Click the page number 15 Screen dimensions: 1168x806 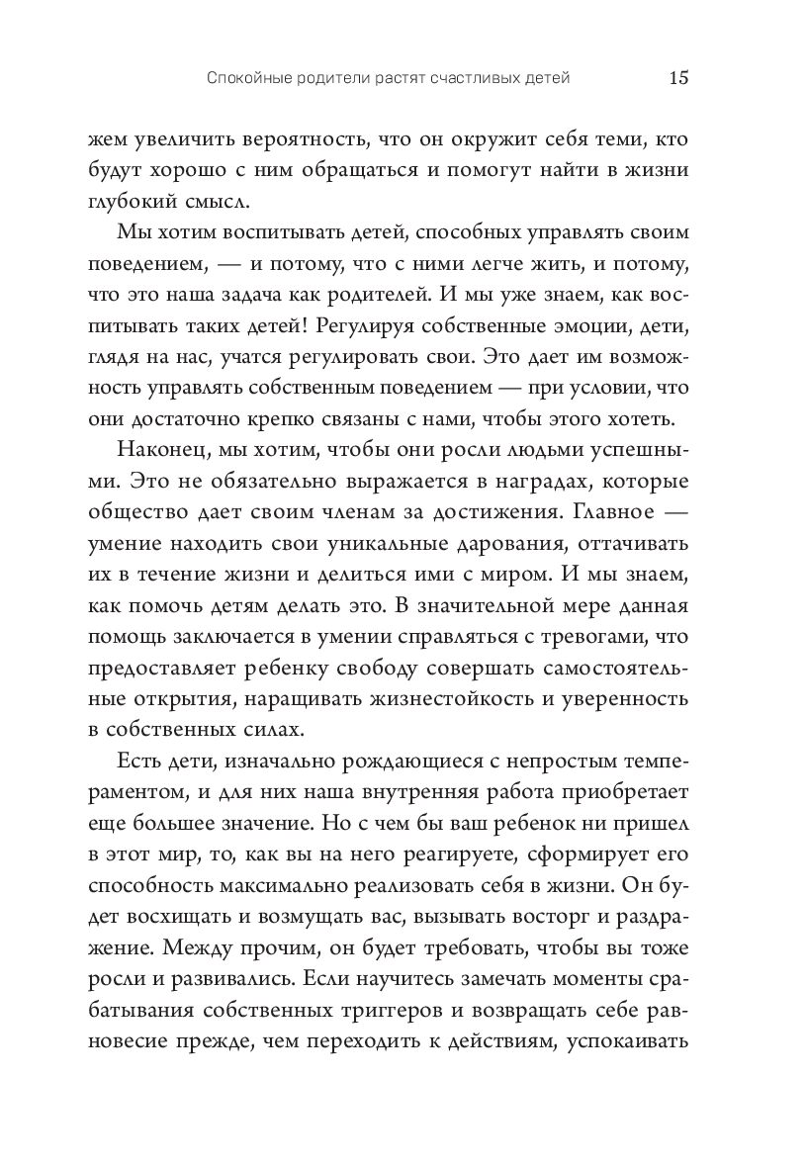(x=679, y=78)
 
